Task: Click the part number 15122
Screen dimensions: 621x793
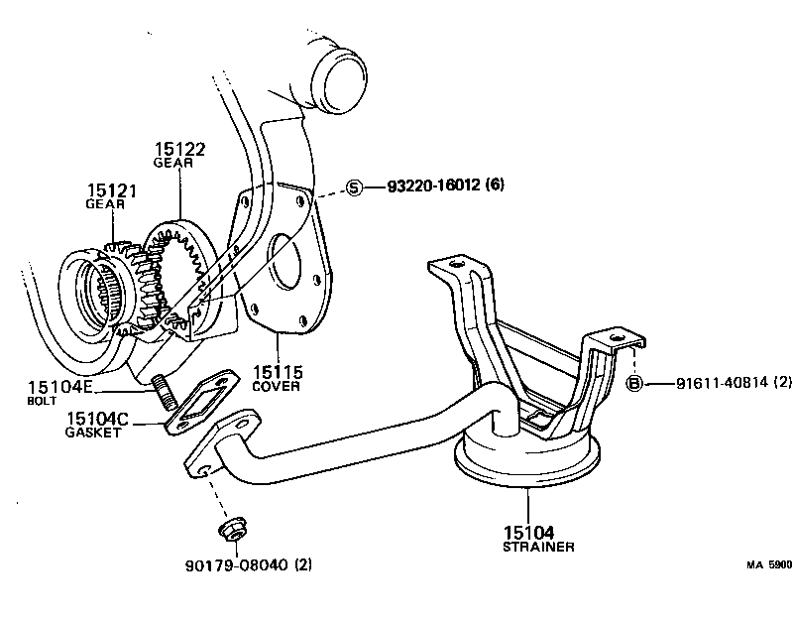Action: pos(179,149)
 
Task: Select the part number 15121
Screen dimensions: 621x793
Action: pos(110,188)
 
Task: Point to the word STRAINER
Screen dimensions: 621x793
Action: pos(538,546)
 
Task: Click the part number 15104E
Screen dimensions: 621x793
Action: pos(59,387)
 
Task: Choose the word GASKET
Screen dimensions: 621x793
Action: pos(92,433)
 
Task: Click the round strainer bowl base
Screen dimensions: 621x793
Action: pos(525,461)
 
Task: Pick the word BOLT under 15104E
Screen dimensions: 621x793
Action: pos(44,401)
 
